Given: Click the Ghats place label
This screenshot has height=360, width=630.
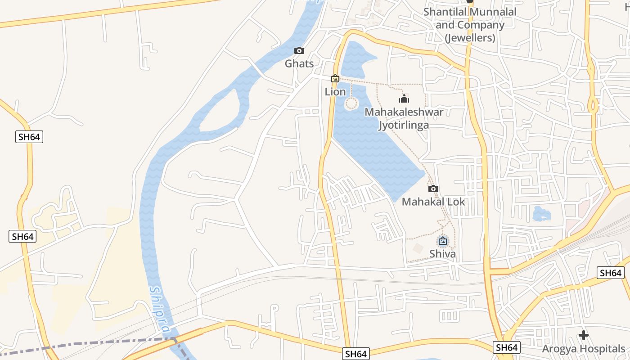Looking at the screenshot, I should click(x=299, y=64).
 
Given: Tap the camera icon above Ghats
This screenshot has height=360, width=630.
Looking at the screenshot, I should click(x=299, y=51).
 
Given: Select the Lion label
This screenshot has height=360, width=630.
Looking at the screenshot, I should click(x=335, y=92).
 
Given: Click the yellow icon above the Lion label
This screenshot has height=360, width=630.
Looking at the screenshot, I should click(x=335, y=79).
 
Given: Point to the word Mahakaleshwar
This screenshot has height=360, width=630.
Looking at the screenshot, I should click(x=404, y=112).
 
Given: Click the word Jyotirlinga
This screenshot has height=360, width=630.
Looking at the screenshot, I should click(x=404, y=125).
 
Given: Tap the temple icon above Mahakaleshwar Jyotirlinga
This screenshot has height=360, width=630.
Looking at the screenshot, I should click(x=404, y=99).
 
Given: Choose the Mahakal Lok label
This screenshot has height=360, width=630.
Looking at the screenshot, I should click(x=433, y=202).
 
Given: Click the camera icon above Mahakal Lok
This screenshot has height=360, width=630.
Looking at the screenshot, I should click(x=433, y=189).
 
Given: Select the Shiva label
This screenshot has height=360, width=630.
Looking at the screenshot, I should click(x=442, y=254).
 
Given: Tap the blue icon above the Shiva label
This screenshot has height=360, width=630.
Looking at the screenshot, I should click(x=443, y=241).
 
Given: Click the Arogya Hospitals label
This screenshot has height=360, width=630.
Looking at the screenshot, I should click(x=583, y=349).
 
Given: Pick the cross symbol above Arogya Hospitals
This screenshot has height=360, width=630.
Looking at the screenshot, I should click(x=584, y=335).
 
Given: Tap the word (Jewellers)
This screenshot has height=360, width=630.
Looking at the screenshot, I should click(x=470, y=38).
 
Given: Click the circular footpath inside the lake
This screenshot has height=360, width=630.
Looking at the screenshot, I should click(x=351, y=104).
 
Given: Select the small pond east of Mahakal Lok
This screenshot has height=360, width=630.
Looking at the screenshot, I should click(x=541, y=214).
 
